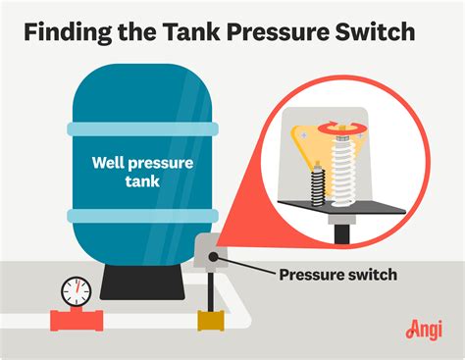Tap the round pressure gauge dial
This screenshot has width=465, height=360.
(x=75, y=291)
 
